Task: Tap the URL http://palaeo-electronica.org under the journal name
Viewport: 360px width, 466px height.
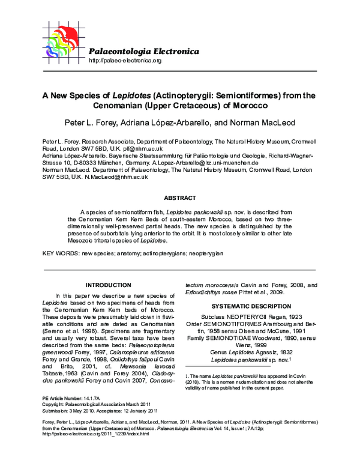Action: click(125, 61)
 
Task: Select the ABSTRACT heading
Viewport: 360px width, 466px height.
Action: click(179, 198)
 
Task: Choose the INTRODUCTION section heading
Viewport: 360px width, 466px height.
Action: click(109, 285)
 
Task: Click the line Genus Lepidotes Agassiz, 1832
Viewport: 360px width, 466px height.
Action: click(250, 353)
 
